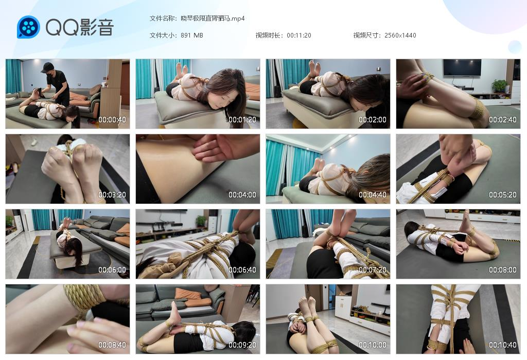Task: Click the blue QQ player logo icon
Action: coord(29,27)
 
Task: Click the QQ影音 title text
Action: coord(80,27)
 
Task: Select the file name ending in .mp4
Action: coord(213,19)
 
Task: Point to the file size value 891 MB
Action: coord(192,35)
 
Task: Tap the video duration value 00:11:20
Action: coord(299,35)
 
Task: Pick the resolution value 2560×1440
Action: coord(400,35)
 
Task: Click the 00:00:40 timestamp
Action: coord(112,119)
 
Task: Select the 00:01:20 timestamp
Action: coord(242,119)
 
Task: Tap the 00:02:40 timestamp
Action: coord(503,119)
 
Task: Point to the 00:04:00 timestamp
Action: coord(242,195)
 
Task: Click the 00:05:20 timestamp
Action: coord(503,195)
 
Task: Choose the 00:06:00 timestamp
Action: coord(112,270)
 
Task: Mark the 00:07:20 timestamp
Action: coord(373,270)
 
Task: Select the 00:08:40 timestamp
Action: coord(112,345)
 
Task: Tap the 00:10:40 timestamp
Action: coord(503,345)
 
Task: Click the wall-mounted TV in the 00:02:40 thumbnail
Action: coord(462,68)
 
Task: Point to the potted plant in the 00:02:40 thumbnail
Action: coord(500,86)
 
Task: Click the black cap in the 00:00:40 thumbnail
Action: coord(47,67)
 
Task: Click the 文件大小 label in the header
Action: coord(163,35)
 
